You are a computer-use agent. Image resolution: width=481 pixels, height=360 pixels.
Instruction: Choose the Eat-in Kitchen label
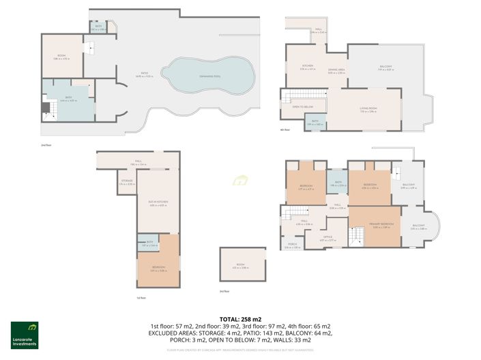coord(158,202)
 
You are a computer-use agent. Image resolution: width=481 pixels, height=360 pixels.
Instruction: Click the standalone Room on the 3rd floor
coord(240,265)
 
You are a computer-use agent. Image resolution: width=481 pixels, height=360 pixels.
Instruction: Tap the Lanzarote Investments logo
coord(24,334)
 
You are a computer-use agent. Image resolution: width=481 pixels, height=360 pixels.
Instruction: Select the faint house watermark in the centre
coord(239,181)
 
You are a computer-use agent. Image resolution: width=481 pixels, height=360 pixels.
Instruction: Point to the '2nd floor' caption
coord(46,145)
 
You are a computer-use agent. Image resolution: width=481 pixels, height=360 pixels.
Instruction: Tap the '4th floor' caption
coord(286,130)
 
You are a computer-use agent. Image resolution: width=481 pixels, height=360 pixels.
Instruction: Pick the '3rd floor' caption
coord(226,291)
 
